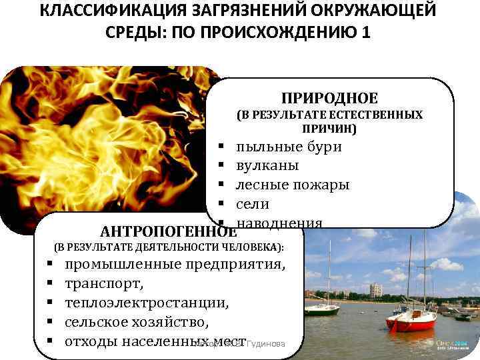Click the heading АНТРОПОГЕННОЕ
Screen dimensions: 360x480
tap(167, 232)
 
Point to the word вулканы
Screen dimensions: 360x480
tap(267, 165)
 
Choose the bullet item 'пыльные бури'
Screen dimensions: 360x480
tap(289, 147)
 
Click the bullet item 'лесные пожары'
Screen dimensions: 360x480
tap(292, 185)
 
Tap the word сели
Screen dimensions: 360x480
tap(253, 203)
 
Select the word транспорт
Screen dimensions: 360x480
tap(104, 284)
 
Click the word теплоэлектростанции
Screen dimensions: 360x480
tap(147, 303)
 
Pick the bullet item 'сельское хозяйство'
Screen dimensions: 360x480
tap(137, 323)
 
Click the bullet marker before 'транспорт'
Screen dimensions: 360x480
tap(50, 285)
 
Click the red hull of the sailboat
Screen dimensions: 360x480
tap(410, 325)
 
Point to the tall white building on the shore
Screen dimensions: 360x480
tap(376, 290)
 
